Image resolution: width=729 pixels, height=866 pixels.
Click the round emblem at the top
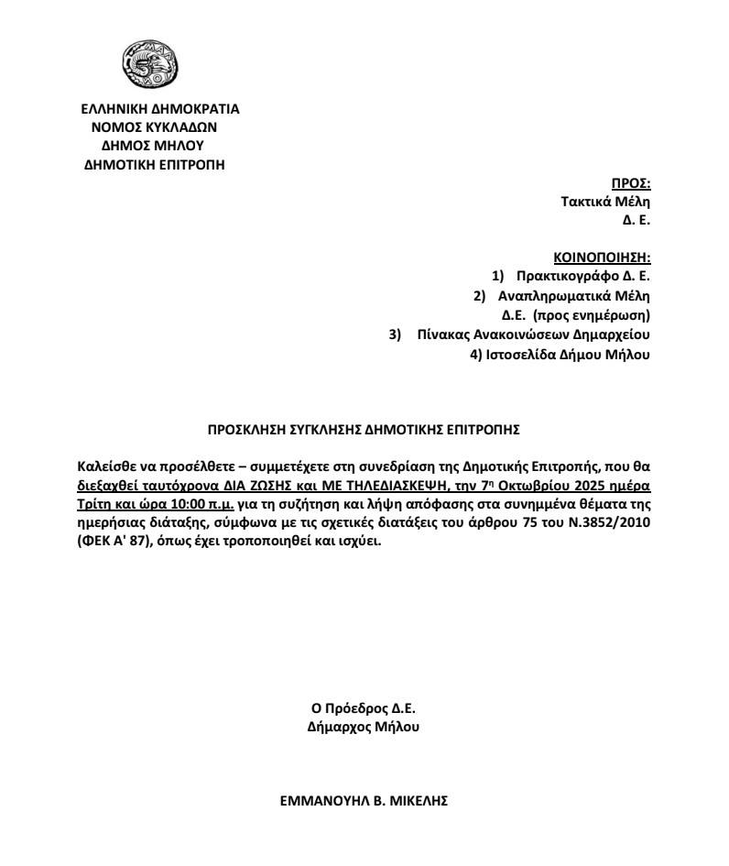[150, 64]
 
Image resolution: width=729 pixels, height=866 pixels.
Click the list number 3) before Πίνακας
[396, 334]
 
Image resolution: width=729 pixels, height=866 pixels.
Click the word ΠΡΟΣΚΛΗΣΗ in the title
[247, 428]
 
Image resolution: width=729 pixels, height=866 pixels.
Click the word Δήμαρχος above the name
[337, 727]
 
